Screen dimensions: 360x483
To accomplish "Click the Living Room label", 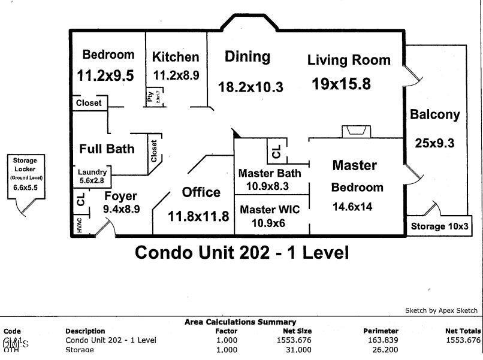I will (x=349, y=60).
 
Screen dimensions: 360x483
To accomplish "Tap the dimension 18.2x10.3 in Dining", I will (x=250, y=87).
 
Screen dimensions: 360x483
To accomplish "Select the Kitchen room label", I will (x=176, y=58).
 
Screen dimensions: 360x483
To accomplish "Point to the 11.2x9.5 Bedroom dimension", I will (x=105, y=75).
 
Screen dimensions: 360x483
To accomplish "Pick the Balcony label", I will (x=434, y=114).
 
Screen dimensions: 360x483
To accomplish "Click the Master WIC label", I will (x=270, y=210).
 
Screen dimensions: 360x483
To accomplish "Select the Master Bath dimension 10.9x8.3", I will (x=270, y=186).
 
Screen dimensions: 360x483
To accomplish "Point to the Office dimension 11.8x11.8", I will (x=198, y=216).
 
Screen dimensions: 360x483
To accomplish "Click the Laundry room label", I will (x=92, y=171).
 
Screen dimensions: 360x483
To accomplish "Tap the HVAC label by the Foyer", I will (x=79, y=226).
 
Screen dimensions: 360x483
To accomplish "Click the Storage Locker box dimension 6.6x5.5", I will (x=25, y=187).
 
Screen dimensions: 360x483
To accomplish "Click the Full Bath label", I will (x=107, y=149).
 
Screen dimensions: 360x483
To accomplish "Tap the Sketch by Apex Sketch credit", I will (x=441, y=310).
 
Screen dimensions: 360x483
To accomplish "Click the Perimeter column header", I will (x=381, y=331).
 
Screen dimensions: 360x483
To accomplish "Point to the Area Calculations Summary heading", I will (x=240, y=322).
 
